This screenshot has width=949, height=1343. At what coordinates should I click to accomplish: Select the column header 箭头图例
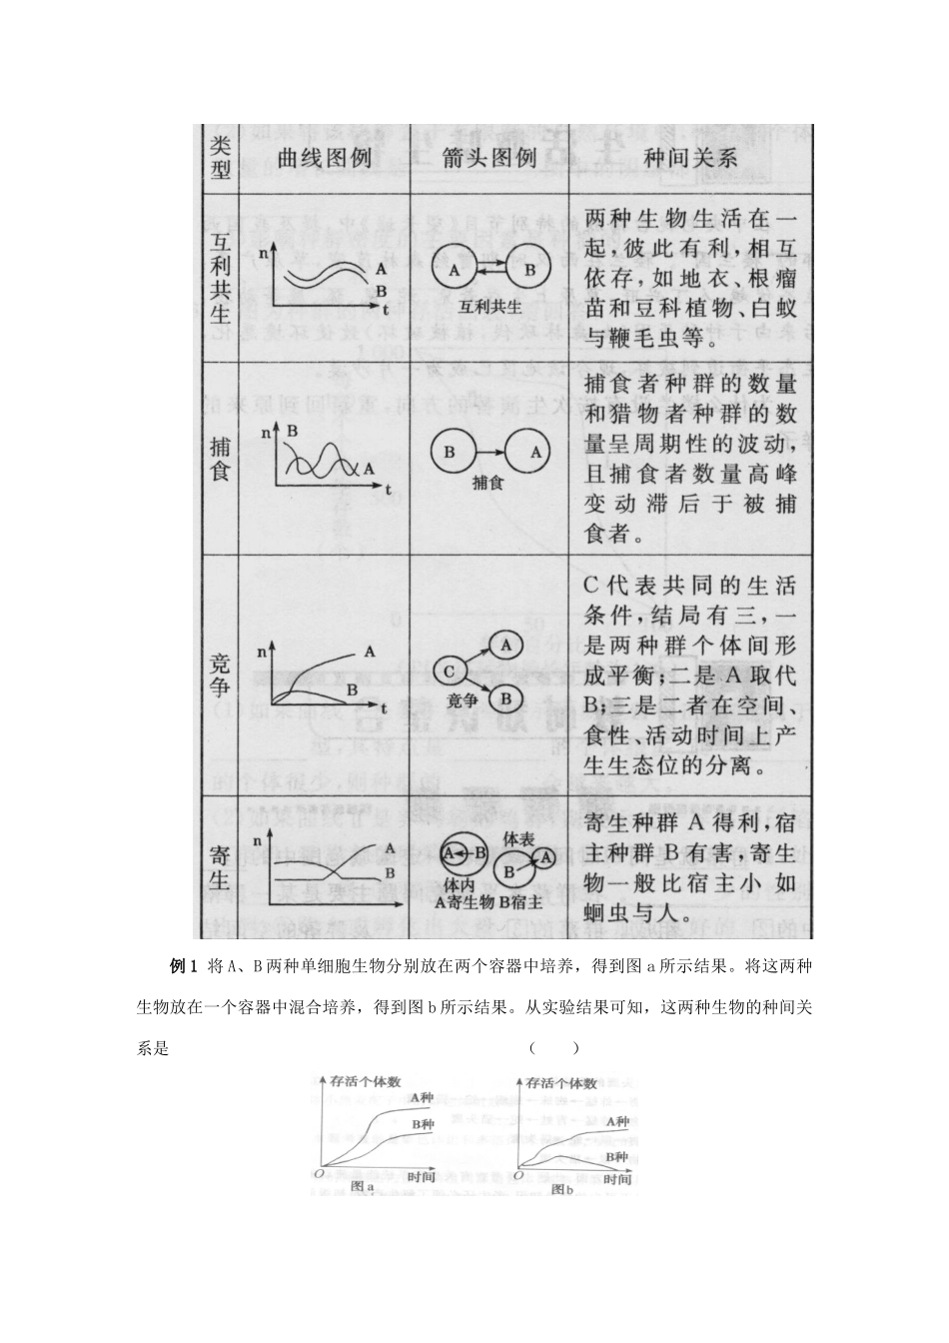click(x=488, y=158)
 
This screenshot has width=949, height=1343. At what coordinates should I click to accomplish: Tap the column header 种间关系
click(x=690, y=158)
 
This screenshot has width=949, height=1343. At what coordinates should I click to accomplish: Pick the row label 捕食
click(x=221, y=456)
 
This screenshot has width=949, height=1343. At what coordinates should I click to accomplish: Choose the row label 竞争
click(x=221, y=674)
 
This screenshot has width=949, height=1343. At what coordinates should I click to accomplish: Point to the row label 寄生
click(x=221, y=866)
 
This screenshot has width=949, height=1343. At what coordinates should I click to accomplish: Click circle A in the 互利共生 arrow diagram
click(x=454, y=270)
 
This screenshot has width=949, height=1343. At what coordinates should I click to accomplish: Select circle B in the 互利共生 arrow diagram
click(x=529, y=270)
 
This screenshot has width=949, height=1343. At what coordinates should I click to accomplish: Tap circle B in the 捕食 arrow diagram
click(x=449, y=452)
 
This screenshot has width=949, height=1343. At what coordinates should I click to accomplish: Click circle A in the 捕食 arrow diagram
click(x=534, y=452)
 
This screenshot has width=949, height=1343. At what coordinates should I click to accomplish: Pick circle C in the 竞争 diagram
click(x=451, y=671)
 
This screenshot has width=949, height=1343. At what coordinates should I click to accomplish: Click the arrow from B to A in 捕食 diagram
click(x=490, y=452)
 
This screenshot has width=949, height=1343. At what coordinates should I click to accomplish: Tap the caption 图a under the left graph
click(x=364, y=1186)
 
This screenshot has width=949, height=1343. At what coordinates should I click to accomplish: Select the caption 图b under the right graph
click(x=563, y=1189)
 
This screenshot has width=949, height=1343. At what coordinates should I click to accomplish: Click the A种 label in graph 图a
click(x=422, y=1099)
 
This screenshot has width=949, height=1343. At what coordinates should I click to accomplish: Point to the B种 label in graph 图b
click(x=616, y=1156)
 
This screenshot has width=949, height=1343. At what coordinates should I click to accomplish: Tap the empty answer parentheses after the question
click(x=552, y=1048)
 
